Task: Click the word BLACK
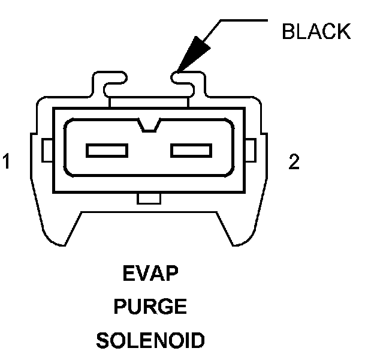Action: coord(316,32)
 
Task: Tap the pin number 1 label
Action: coord(7,162)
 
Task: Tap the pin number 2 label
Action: coord(294,162)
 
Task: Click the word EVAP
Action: coord(150,276)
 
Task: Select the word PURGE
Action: coord(150,308)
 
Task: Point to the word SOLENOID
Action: coord(150,341)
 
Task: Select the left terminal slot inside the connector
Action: coord(106,150)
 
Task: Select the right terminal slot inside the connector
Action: coord(190,150)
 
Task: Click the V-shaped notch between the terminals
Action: coord(148,125)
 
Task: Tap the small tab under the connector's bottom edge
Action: coord(148,197)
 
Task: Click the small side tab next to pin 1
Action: coord(47,150)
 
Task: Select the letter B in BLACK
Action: coord(288,32)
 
